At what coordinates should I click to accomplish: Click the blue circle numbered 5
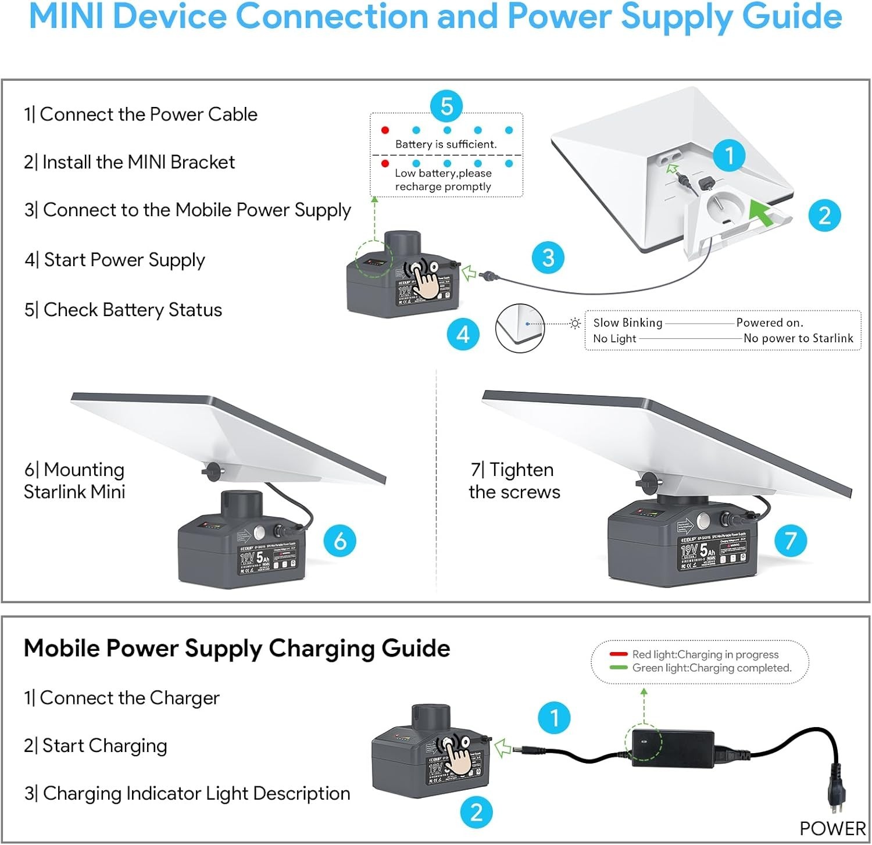[446, 106]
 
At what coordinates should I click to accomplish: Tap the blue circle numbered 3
[548, 257]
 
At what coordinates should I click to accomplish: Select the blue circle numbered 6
[340, 540]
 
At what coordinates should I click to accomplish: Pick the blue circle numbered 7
[790, 540]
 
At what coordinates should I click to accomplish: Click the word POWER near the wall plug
[832, 828]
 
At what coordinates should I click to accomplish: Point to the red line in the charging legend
[618, 654]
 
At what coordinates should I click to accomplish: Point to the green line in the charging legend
[618, 668]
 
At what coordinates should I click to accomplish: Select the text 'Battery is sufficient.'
[446, 144]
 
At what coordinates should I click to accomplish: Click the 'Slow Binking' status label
[627, 323]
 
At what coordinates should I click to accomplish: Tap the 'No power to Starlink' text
[798, 338]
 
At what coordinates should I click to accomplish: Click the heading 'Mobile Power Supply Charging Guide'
[237, 648]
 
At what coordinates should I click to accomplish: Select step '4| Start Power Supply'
[115, 259]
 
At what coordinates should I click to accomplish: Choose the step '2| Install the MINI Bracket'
[129, 162]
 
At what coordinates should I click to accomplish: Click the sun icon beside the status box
[575, 323]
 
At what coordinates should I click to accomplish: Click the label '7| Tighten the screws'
[514, 481]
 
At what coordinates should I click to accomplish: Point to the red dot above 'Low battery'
[385, 164]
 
